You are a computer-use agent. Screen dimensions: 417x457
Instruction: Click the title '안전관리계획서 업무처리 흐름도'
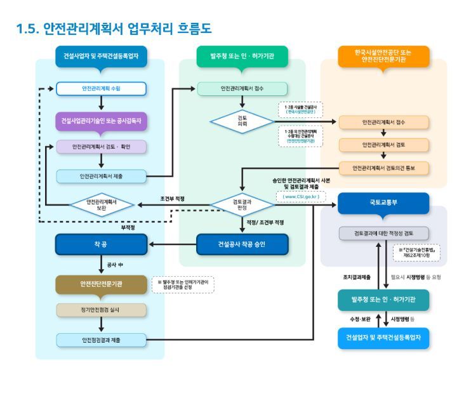pos(114,29)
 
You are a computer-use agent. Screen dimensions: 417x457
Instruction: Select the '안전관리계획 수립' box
pos(101,88)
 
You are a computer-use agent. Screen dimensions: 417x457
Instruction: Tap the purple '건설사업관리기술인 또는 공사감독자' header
pos(101,121)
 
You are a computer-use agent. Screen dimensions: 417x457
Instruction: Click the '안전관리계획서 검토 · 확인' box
pos(101,147)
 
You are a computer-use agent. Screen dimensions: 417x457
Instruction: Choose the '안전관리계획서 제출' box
pos(101,176)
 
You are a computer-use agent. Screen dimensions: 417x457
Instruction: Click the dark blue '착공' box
pos(101,243)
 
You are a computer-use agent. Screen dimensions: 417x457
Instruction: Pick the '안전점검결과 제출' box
pos(101,340)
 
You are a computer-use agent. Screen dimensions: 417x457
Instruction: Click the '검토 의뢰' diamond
pos(242,121)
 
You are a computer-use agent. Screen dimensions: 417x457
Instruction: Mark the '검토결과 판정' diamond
pos(242,204)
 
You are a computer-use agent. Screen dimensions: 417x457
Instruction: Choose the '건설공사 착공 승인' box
pos(242,243)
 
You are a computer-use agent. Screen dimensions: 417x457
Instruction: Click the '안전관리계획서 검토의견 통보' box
pos(383,168)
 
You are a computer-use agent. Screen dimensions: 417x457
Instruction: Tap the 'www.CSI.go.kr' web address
pos(301,197)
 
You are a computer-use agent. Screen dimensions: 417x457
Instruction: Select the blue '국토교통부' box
pos(383,204)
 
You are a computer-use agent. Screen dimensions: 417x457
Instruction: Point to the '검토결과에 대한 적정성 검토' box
pos(383,233)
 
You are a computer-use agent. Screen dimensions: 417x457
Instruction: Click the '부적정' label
pos(129,227)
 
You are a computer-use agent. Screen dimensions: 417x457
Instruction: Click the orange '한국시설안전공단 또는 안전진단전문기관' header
pos(383,56)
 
